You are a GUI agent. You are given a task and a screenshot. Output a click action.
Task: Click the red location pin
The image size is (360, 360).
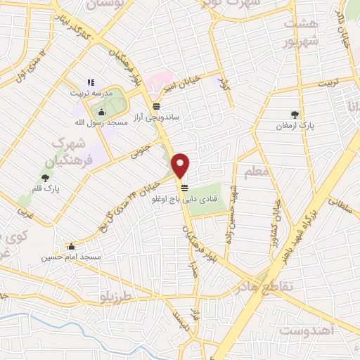click(x=181, y=165)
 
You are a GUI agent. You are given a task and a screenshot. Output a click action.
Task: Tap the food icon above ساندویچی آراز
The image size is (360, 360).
click(x=156, y=106)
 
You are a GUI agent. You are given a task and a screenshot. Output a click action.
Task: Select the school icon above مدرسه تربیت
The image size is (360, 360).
click(x=91, y=82)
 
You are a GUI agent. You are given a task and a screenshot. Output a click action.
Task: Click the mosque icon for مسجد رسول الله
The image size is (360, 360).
click(x=101, y=112)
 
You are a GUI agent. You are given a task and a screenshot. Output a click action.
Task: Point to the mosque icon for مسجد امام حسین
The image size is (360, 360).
click(x=71, y=246)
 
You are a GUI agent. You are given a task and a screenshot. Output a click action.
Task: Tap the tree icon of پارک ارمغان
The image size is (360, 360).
click(x=294, y=114)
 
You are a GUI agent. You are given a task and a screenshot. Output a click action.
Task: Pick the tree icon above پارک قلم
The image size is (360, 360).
click(x=49, y=179)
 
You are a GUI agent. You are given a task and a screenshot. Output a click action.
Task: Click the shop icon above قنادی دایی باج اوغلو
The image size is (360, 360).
click(x=184, y=188)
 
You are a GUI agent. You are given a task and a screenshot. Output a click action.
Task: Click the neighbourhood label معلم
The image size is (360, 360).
click(x=256, y=171)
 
